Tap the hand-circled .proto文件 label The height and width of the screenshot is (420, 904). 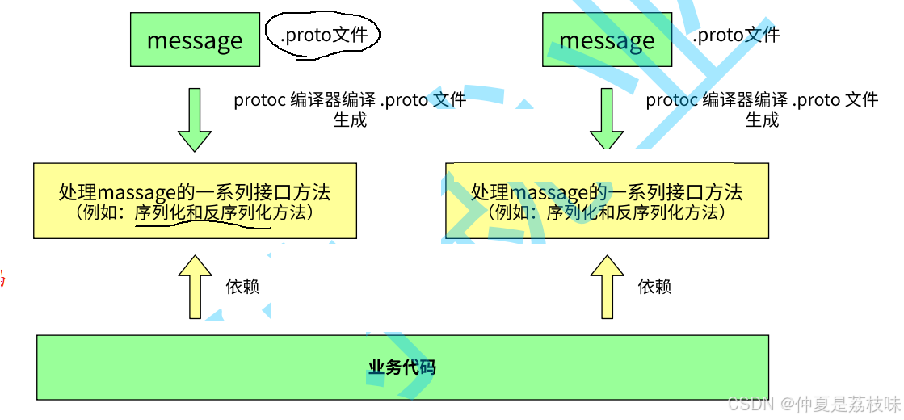click(x=323, y=35)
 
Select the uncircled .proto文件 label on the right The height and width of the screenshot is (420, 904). click(x=735, y=35)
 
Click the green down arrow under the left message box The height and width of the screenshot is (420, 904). click(x=194, y=120)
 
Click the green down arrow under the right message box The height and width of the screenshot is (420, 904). click(x=606, y=120)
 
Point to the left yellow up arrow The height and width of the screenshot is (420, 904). click(x=194, y=287)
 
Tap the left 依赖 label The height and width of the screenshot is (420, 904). click(x=242, y=287)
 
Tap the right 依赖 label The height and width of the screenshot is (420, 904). click(x=654, y=287)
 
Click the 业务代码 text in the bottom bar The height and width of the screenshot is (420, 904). click(x=402, y=368)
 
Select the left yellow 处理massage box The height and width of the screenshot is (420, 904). click(x=195, y=201)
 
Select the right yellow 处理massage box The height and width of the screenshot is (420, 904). click(x=607, y=201)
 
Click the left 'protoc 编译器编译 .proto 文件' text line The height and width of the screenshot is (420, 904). click(x=350, y=100)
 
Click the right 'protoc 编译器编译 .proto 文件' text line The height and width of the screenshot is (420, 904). click(x=762, y=100)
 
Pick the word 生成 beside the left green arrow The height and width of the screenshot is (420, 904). click(x=350, y=120)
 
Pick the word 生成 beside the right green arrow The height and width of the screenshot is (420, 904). click(x=762, y=120)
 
